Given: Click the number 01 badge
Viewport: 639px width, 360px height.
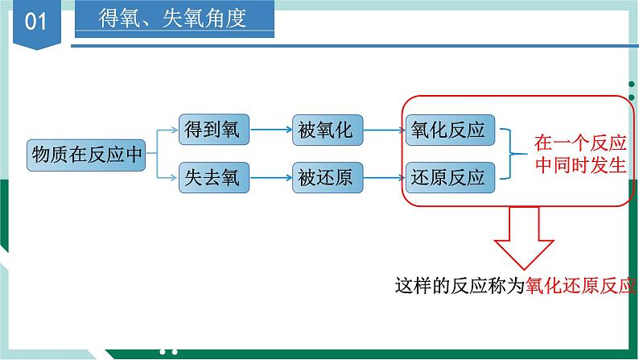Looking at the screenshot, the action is click(37, 23).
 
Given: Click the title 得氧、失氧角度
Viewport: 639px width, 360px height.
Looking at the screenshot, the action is click(172, 19).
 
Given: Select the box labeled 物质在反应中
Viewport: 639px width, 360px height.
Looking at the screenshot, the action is click(86, 155).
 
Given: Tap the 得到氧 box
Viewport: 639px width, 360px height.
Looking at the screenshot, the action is click(214, 130).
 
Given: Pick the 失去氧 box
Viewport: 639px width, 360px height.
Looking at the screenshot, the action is click(214, 178).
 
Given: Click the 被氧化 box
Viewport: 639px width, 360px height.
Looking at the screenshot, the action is click(328, 130).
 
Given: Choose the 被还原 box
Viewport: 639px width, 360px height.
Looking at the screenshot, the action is click(328, 178).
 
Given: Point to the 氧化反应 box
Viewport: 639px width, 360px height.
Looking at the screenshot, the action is click(451, 130).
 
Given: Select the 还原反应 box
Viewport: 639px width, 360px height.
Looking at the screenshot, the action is click(451, 178).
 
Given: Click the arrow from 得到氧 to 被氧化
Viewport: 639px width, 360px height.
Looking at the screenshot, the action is click(271, 130).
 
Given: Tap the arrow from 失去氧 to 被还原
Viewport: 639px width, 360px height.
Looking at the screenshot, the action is click(271, 178).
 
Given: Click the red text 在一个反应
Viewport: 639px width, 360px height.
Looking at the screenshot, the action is click(580, 143).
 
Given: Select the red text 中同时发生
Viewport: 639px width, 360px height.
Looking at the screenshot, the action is click(580, 165).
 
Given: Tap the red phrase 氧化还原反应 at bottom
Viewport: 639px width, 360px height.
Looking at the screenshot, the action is click(581, 285).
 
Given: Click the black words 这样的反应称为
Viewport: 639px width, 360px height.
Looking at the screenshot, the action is click(460, 285).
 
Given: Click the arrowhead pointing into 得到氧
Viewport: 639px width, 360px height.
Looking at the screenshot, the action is click(175, 130).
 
